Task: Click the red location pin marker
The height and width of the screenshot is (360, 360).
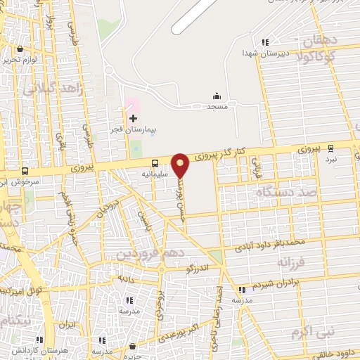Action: [181, 165]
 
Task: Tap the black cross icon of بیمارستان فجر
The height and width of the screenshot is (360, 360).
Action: [133, 118]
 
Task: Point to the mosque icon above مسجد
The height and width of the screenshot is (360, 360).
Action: [217, 96]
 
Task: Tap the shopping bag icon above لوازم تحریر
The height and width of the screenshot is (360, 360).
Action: [19, 49]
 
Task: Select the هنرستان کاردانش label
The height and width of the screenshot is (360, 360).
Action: [28, 349]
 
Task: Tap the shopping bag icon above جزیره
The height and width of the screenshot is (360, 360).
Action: [132, 346]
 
